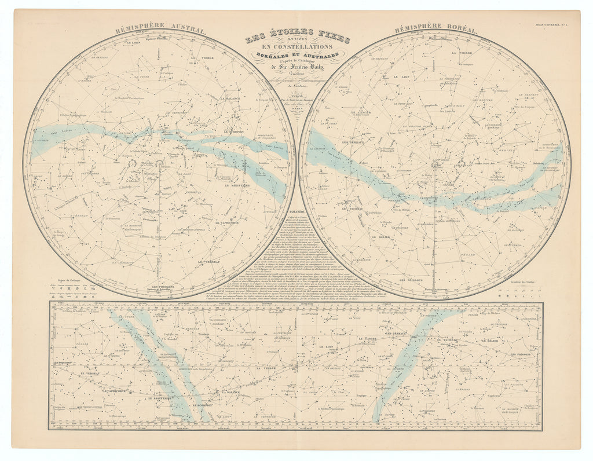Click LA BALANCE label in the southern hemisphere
coord(230,99)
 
